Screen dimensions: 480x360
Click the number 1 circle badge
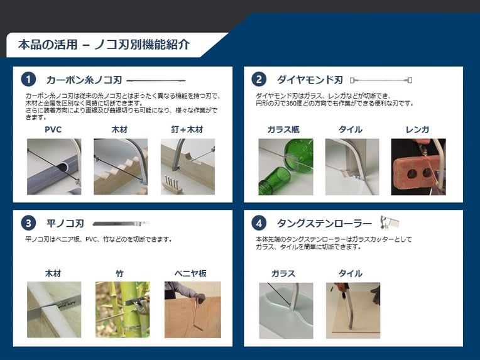(x=28, y=80)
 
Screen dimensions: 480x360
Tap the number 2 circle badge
(x=259, y=80)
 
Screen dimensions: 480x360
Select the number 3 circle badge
(x=28, y=223)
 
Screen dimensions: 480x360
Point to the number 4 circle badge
(x=259, y=223)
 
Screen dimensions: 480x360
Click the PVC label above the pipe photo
(x=53, y=129)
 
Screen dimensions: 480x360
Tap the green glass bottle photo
(x=286, y=167)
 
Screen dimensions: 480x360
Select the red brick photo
(x=418, y=167)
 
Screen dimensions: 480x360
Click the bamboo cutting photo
(x=123, y=310)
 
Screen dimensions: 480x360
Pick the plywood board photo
(x=192, y=310)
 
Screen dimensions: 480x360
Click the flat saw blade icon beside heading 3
(x=121, y=224)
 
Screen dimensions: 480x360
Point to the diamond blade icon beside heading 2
(x=381, y=80)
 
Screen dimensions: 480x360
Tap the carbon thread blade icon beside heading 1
(x=156, y=80)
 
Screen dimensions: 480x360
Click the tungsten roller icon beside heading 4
(x=390, y=222)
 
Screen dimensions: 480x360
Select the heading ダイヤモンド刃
(x=310, y=80)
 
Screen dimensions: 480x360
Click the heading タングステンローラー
(x=324, y=224)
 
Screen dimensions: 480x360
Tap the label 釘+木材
(x=187, y=129)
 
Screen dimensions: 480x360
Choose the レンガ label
(x=417, y=129)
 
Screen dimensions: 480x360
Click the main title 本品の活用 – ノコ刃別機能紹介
(x=104, y=45)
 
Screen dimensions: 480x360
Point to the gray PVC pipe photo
(x=54, y=167)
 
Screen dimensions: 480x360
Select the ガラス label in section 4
(x=283, y=273)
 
